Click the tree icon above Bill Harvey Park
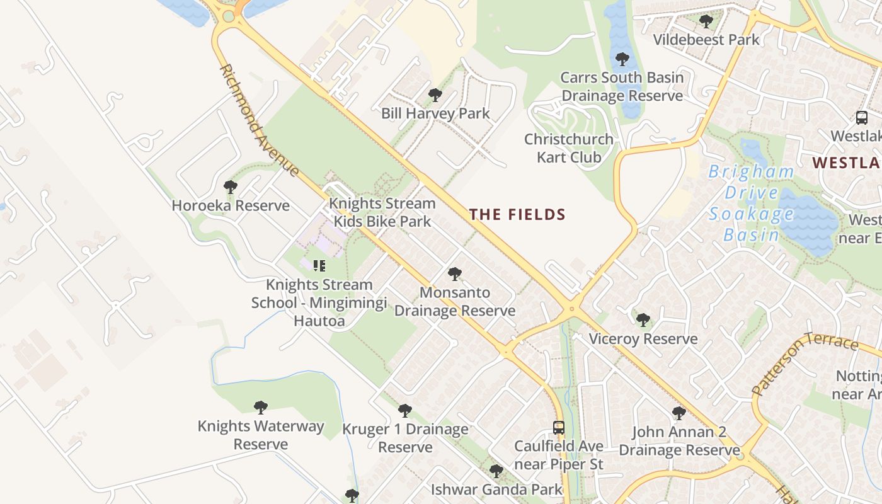(x=435, y=96)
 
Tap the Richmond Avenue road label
(x=259, y=120)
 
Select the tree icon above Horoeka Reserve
(x=231, y=187)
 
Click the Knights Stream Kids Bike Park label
(x=382, y=212)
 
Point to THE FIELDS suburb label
(x=517, y=215)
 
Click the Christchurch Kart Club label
(x=569, y=148)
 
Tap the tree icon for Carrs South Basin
(x=622, y=59)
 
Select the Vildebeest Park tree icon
(x=706, y=21)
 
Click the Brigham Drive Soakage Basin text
(x=751, y=203)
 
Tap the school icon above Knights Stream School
(x=319, y=266)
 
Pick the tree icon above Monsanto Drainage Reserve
(x=454, y=274)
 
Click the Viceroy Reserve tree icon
(x=643, y=320)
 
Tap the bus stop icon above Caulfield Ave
(x=558, y=428)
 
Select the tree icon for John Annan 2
(x=679, y=413)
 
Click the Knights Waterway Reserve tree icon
(x=260, y=408)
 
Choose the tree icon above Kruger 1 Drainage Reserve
(x=405, y=411)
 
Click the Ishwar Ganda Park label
(x=496, y=489)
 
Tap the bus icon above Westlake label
(x=861, y=118)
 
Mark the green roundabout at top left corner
(x=228, y=16)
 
